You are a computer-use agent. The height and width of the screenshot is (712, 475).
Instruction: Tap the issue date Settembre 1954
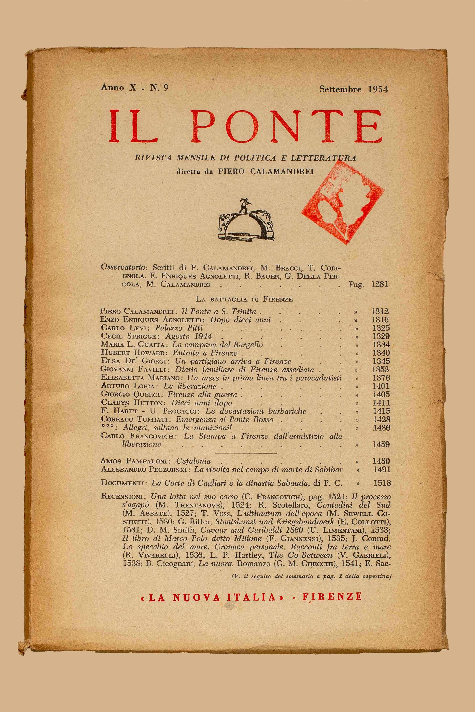pos(353,89)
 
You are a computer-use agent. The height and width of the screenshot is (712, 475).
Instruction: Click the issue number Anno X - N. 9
pos(134,88)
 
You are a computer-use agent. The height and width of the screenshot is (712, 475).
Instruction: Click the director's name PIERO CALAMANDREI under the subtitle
pos(266,171)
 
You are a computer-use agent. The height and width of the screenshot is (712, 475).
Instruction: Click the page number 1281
pos(379,284)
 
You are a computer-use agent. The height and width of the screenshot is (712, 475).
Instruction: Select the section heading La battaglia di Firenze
pos(244,299)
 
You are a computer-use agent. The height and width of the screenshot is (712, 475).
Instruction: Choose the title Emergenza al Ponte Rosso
pos(225,419)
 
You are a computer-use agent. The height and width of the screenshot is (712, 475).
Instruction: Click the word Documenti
pos(122,483)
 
